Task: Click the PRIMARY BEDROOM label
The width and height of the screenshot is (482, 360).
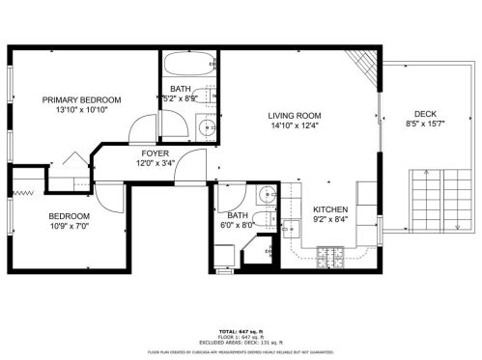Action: click(81, 100)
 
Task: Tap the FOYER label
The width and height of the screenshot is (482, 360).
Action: click(155, 152)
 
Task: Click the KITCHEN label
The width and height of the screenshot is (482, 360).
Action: click(329, 208)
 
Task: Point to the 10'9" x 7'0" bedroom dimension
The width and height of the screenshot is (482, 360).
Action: click(69, 226)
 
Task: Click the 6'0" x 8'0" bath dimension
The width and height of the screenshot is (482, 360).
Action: click(239, 226)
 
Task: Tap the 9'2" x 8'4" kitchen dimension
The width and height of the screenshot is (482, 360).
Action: click(329, 219)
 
